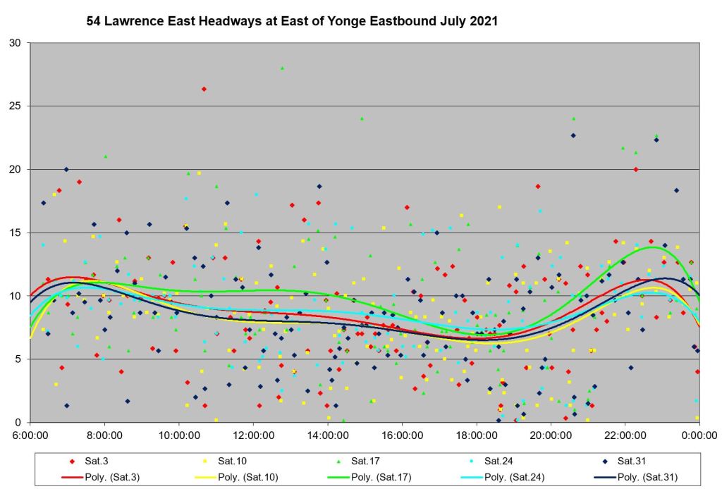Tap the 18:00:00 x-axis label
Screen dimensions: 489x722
(477, 435)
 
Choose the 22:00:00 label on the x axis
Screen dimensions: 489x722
(625, 435)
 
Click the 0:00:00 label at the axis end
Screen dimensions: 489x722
(699, 435)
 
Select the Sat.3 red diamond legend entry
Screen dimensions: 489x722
(89, 461)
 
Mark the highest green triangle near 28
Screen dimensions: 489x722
(282, 68)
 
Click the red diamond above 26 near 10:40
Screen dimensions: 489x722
(204, 89)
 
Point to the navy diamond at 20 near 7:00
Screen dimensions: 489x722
(66, 169)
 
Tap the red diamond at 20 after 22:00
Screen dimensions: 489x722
(636, 169)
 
